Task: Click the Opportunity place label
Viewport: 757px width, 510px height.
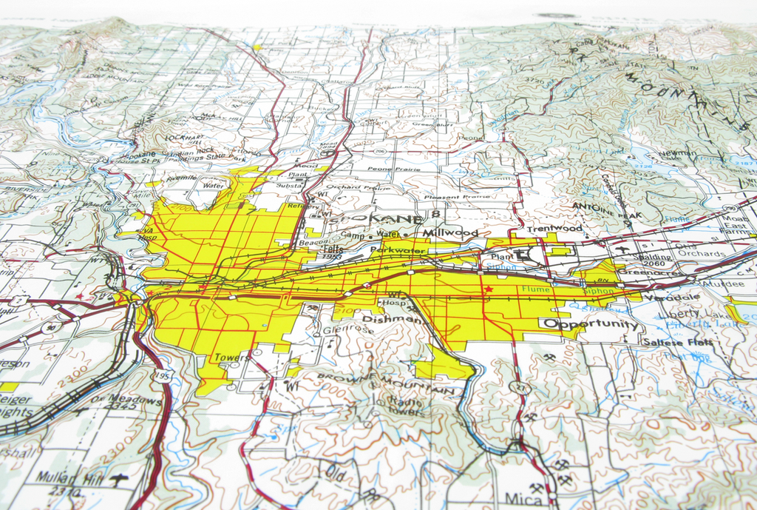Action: point(591,324)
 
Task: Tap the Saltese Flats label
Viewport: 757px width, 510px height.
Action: point(677,342)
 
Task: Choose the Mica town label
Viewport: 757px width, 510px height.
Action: point(523,497)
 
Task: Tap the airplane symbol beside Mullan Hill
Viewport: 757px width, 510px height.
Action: point(117,480)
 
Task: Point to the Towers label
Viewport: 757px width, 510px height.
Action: point(232,358)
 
